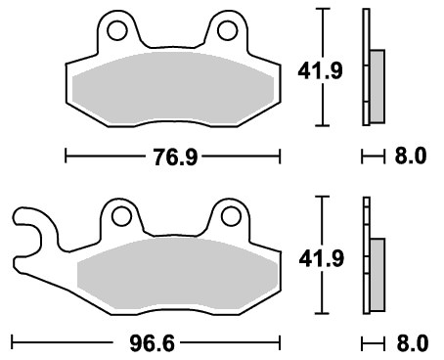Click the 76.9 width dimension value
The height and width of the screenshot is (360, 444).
click(x=175, y=157)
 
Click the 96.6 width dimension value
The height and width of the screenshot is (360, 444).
click(x=152, y=343)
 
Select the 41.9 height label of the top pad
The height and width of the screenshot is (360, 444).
click(x=320, y=71)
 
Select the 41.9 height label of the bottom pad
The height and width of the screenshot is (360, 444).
click(x=322, y=259)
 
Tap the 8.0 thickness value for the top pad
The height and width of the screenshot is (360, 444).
click(x=411, y=156)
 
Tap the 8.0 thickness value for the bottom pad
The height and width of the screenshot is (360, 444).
click(x=412, y=343)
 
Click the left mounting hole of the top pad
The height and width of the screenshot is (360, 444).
click(x=117, y=31)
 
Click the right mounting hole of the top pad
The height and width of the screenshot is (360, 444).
click(x=227, y=31)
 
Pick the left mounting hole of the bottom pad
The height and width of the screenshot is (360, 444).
click(x=121, y=216)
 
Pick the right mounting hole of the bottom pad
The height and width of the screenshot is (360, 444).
click(x=231, y=216)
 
